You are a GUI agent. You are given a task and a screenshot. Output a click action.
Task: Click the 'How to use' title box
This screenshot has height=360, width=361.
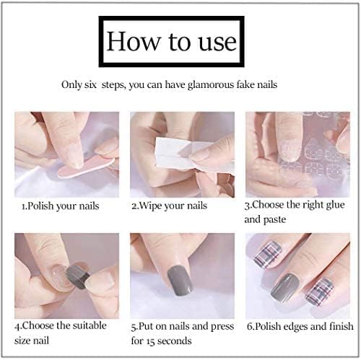[x=171, y=41]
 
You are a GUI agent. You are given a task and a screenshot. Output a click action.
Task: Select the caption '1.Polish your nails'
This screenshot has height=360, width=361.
[x=60, y=206]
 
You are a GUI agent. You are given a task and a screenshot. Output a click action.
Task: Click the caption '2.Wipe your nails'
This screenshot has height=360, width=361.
[x=169, y=206]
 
